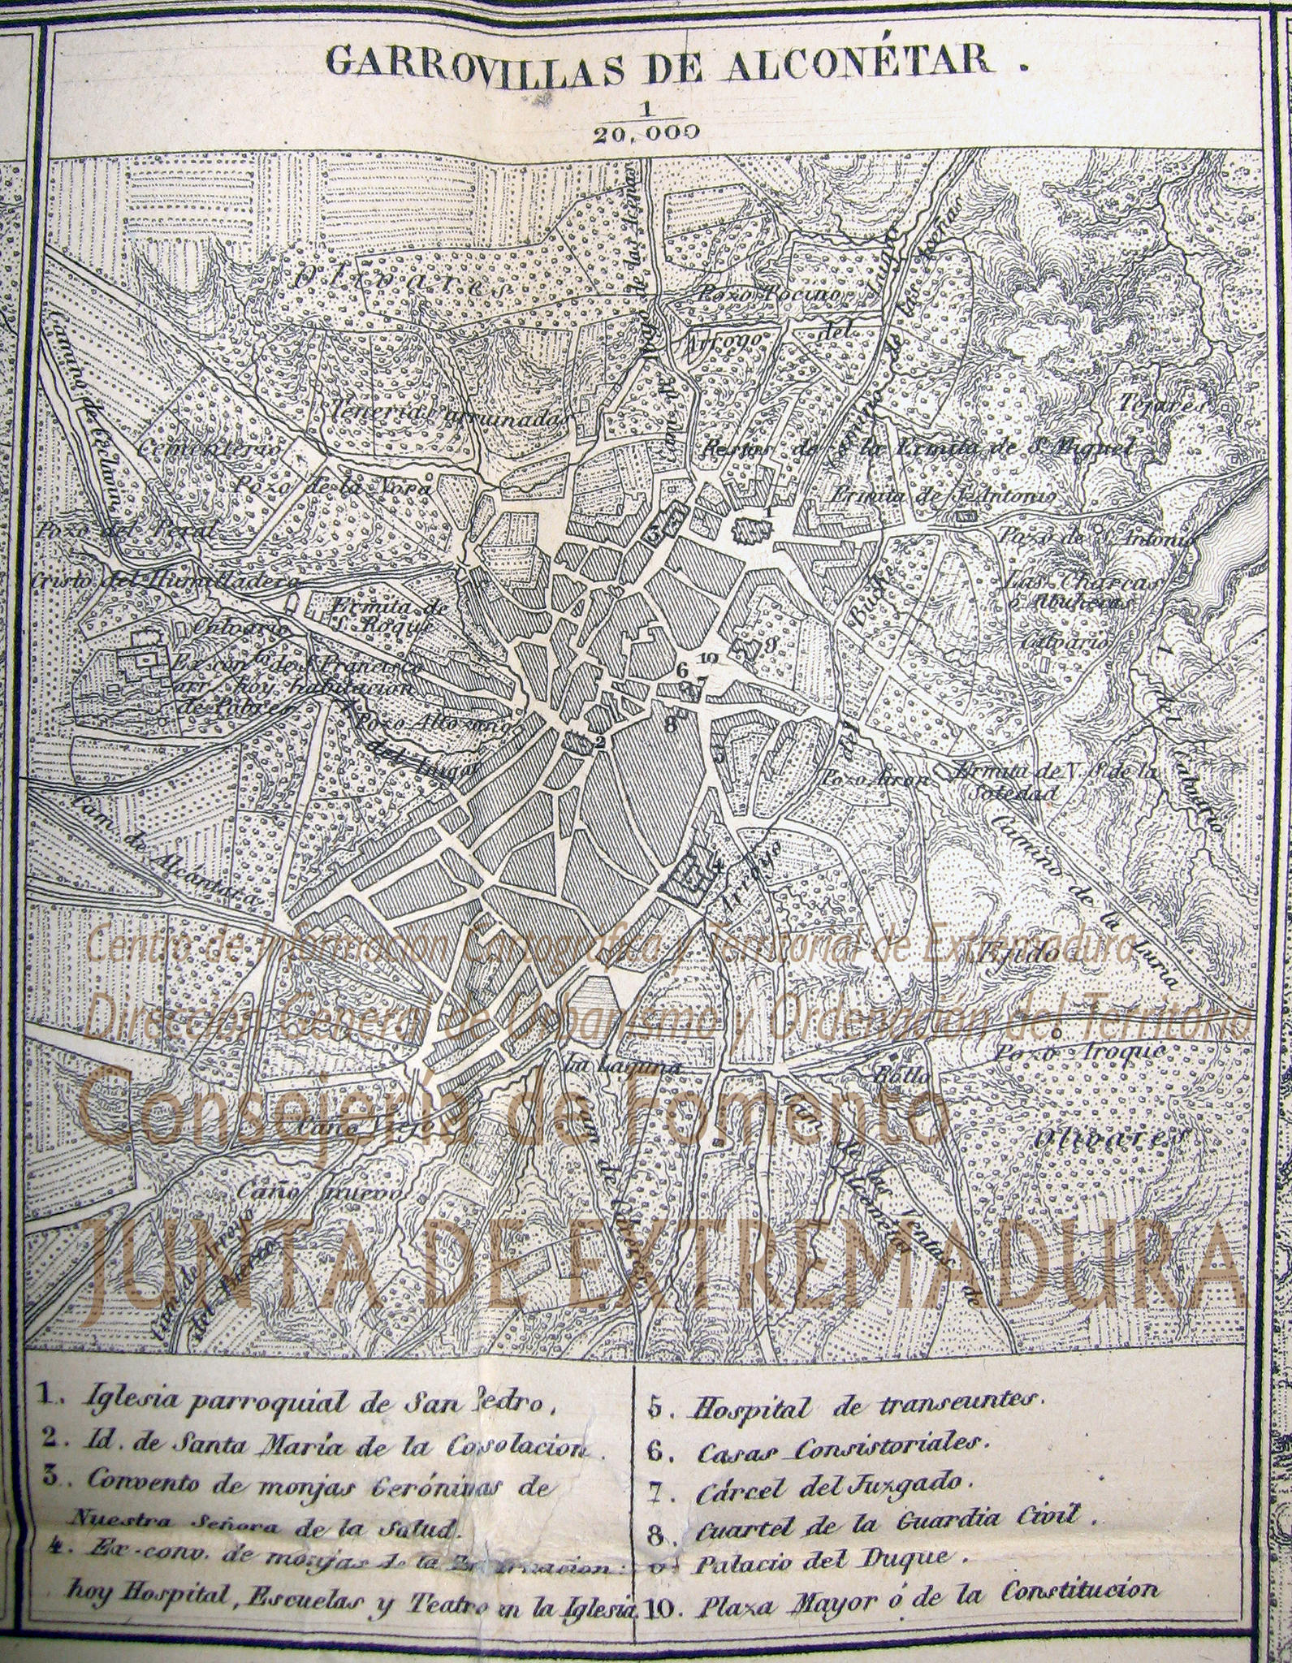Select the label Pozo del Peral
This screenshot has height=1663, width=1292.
(x=125, y=532)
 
